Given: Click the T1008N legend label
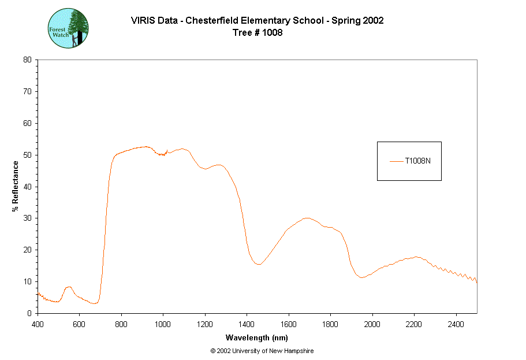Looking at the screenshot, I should click(x=417, y=161).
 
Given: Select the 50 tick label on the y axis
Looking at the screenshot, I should click(x=27, y=155).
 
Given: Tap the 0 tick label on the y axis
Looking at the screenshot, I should click(x=29, y=313).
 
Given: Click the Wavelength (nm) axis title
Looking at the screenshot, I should click(x=257, y=337).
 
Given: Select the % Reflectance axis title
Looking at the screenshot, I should click(x=16, y=186).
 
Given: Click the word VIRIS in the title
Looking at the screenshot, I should click(x=143, y=21).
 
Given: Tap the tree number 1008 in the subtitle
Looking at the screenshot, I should click(x=273, y=32).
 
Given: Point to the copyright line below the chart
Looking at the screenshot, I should click(x=262, y=351).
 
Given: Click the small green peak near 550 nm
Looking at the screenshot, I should click(x=69, y=287).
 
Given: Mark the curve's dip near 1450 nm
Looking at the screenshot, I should click(x=259, y=264).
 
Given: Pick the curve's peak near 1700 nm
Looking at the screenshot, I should click(x=307, y=218).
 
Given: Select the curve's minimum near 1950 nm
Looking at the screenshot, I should click(x=361, y=277).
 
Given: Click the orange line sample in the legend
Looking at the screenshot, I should click(x=396, y=161).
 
